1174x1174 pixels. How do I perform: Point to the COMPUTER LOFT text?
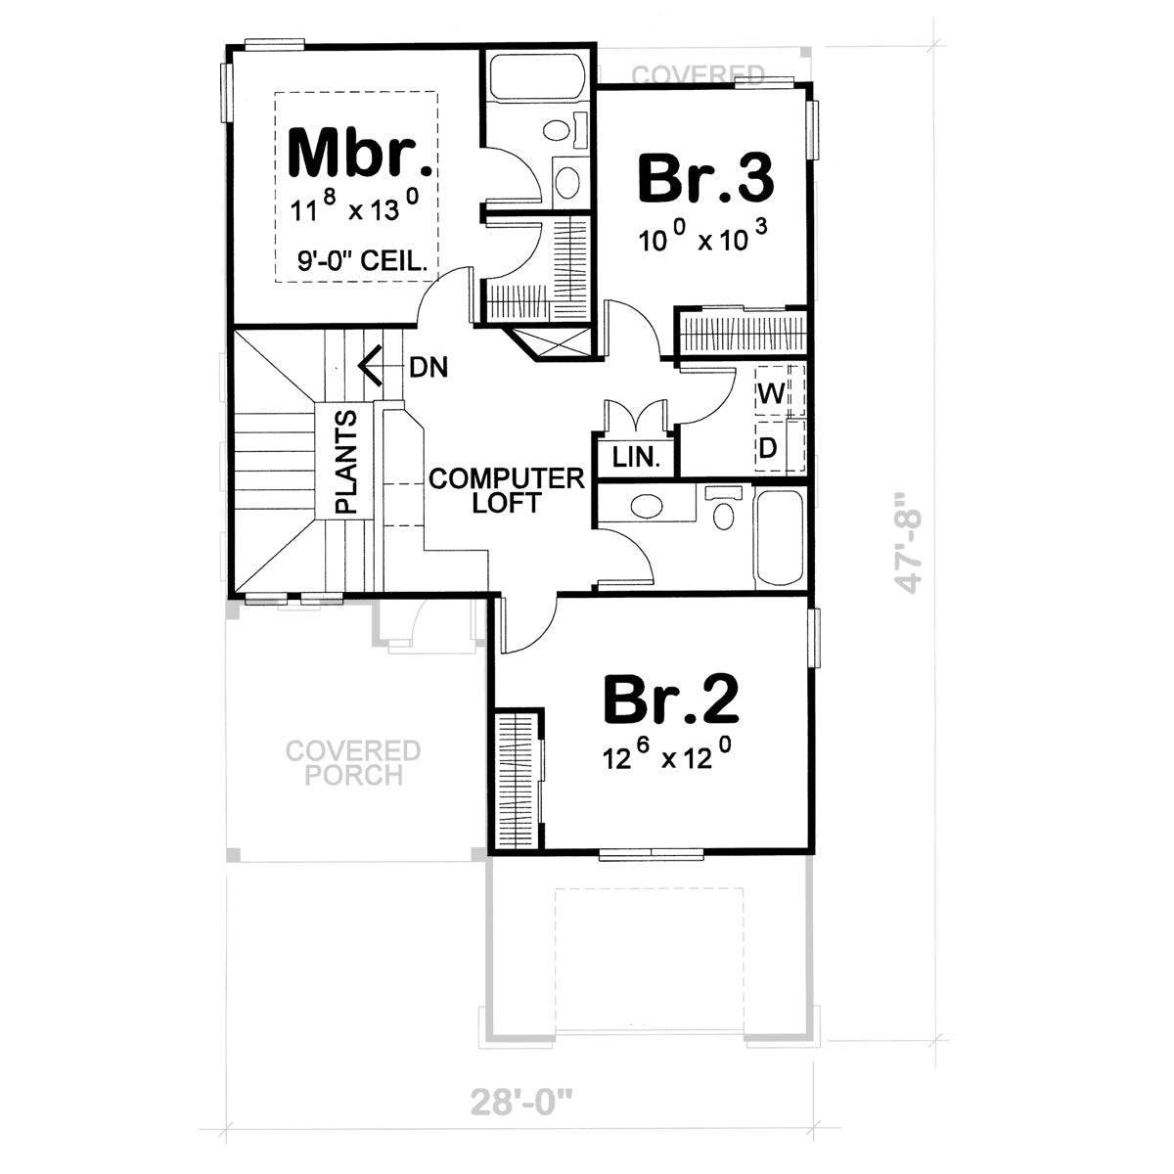pyautogui.click(x=507, y=490)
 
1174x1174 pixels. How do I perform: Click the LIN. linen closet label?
pyautogui.click(x=637, y=457)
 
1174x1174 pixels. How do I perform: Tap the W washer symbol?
pyautogui.click(x=771, y=394)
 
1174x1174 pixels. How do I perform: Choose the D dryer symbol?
pyautogui.click(x=769, y=448)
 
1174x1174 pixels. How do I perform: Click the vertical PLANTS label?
pyautogui.click(x=346, y=462)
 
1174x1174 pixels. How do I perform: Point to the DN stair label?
pyautogui.click(x=429, y=368)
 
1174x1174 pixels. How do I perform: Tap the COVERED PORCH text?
pyautogui.click(x=353, y=763)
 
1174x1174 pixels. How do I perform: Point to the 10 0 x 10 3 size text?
pyautogui.click(x=702, y=238)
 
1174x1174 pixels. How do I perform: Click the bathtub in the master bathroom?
pyautogui.click(x=536, y=76)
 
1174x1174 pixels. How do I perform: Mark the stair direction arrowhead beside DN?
pyautogui.click(x=368, y=368)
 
